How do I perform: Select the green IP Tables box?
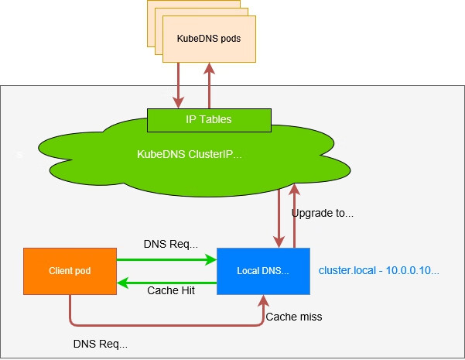click(209, 120)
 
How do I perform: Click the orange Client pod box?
click(70, 271)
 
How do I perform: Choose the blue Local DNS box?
click(263, 271)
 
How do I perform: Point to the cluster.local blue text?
click(379, 271)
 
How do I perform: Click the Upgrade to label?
click(323, 212)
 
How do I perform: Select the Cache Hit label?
click(171, 290)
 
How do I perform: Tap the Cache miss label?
click(294, 317)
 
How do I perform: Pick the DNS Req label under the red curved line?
click(100, 342)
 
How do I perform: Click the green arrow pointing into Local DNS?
click(166, 260)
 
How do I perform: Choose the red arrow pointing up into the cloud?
click(293, 217)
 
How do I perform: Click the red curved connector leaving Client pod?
click(155, 324)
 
